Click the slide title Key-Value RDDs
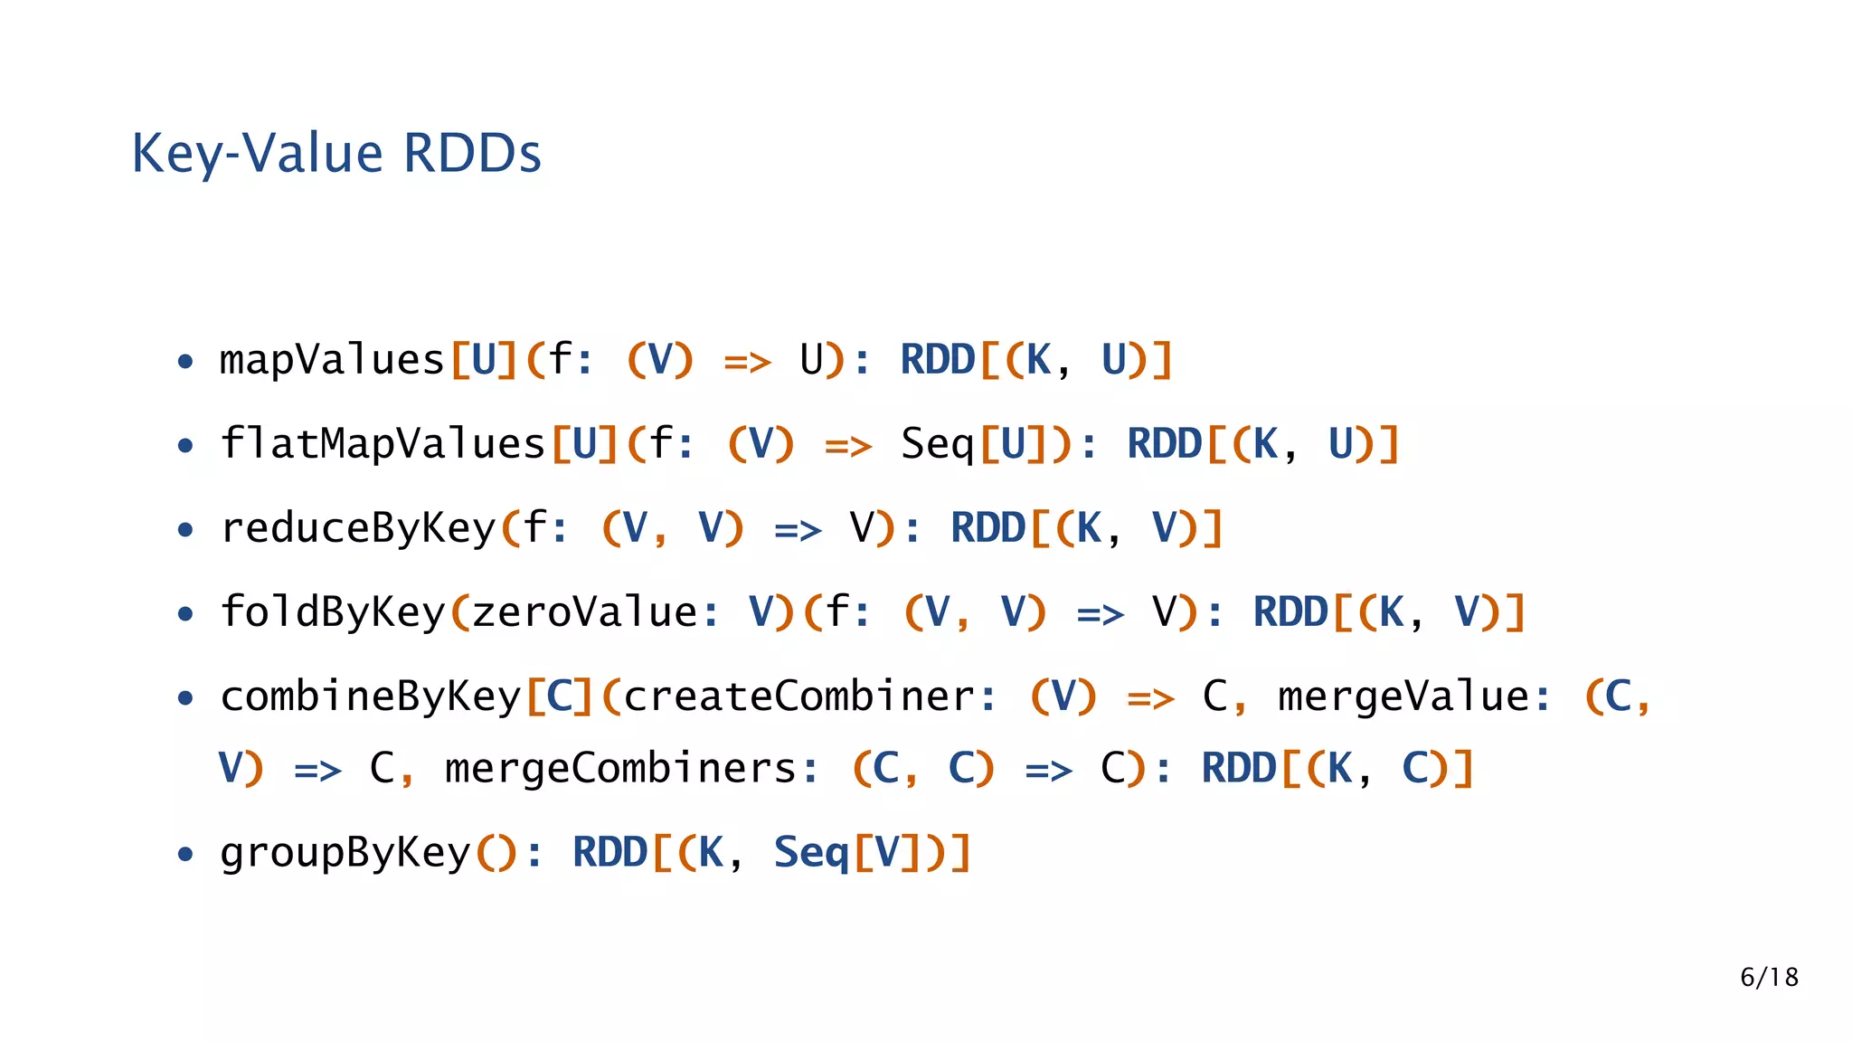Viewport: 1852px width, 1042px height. (336, 154)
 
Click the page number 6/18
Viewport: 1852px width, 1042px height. (1769, 978)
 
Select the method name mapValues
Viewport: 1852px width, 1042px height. (332, 361)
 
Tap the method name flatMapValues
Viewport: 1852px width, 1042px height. (383, 445)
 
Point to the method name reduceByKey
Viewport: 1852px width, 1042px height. (358, 529)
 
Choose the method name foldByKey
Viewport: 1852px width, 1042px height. (333, 613)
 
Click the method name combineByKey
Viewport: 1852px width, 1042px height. (371, 697)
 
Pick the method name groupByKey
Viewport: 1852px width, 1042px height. (345, 854)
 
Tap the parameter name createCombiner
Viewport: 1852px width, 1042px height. (799, 697)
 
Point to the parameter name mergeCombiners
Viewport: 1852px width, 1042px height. (619, 770)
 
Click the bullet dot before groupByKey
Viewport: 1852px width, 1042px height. (185, 855)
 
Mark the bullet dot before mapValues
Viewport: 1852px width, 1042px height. (185, 363)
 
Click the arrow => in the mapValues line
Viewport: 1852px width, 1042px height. (747, 363)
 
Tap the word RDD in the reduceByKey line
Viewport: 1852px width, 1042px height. (987, 529)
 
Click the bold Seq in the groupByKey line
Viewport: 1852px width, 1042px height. (811, 854)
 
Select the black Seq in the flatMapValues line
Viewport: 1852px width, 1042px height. (938, 445)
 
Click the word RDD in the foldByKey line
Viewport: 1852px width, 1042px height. (1290, 613)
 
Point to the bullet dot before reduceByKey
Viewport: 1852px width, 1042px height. (185, 530)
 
